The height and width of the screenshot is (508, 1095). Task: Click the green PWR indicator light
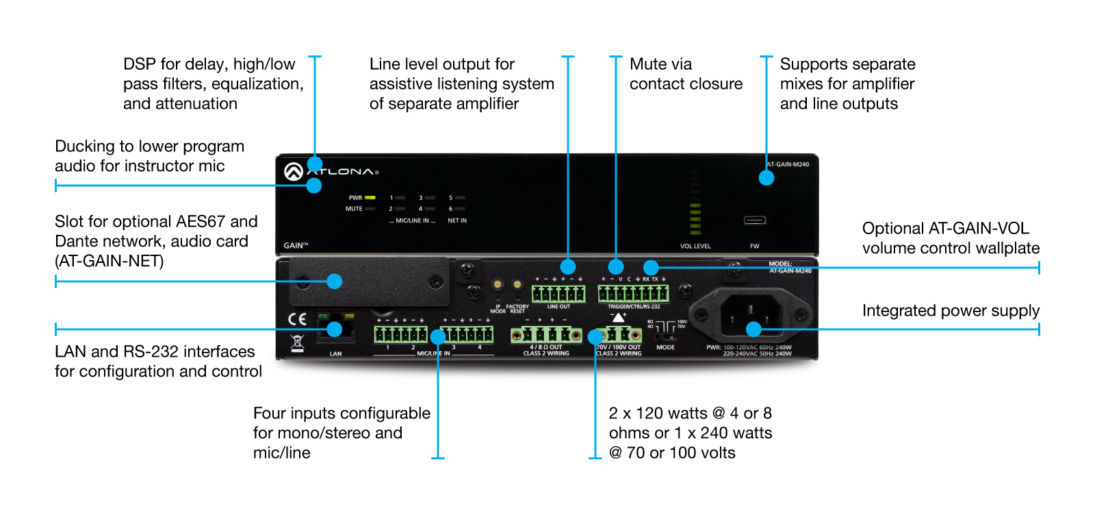tap(370, 198)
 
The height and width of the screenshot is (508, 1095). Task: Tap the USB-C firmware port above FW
tap(754, 220)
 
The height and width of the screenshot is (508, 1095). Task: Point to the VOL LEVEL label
tap(695, 246)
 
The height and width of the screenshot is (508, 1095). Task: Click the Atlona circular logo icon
tap(294, 172)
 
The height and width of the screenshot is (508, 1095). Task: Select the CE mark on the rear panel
tap(297, 319)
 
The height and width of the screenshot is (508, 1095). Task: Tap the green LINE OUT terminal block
tap(558, 294)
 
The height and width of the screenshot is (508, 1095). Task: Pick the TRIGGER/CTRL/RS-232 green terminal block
tap(633, 294)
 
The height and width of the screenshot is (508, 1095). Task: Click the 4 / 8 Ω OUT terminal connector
tap(546, 335)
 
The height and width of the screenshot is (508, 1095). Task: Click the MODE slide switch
tap(665, 337)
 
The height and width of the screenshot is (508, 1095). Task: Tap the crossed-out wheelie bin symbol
tap(297, 342)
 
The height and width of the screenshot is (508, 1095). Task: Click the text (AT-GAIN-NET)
tap(109, 262)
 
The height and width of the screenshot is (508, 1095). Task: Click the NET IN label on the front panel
tap(457, 220)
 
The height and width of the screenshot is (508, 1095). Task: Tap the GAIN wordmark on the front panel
tap(296, 245)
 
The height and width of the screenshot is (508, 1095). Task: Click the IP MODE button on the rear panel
tap(498, 284)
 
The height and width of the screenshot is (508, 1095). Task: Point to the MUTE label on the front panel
tap(354, 209)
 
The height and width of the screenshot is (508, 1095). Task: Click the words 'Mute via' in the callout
tap(660, 64)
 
